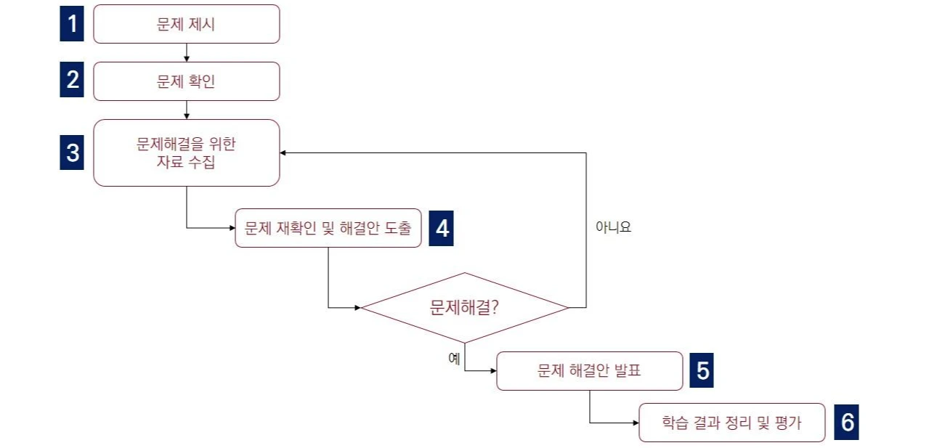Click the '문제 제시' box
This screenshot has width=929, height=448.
point(186,24)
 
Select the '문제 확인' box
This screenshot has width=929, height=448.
point(186,81)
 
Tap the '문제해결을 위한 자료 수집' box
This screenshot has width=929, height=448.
point(186,152)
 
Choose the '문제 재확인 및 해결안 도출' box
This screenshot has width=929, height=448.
point(328,229)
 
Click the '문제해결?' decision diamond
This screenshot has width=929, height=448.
point(464,307)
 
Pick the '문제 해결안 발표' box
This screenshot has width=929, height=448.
point(589,371)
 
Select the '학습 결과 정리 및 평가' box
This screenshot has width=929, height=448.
point(731,423)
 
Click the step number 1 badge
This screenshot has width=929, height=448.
point(72,24)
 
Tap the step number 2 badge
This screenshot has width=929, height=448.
point(72,81)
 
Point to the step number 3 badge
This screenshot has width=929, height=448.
point(72,153)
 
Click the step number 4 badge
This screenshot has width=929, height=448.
point(441,229)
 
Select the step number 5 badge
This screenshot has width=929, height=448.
point(702,371)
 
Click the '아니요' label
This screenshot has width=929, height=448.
point(613,227)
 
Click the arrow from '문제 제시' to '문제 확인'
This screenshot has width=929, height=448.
point(187,53)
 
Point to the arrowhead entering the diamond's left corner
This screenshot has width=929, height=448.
point(357,308)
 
